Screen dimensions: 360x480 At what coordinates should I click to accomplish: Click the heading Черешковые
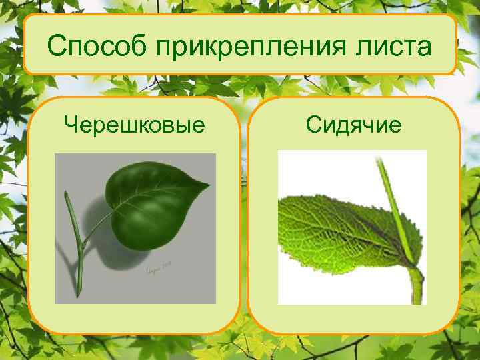click(x=134, y=123)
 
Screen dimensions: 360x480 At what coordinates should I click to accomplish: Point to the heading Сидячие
click(x=353, y=123)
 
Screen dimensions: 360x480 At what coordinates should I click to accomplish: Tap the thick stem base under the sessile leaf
click(x=417, y=287)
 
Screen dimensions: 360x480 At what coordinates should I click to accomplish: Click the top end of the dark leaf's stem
click(x=67, y=195)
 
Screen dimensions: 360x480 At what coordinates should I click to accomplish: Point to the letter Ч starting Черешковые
click(x=70, y=123)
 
